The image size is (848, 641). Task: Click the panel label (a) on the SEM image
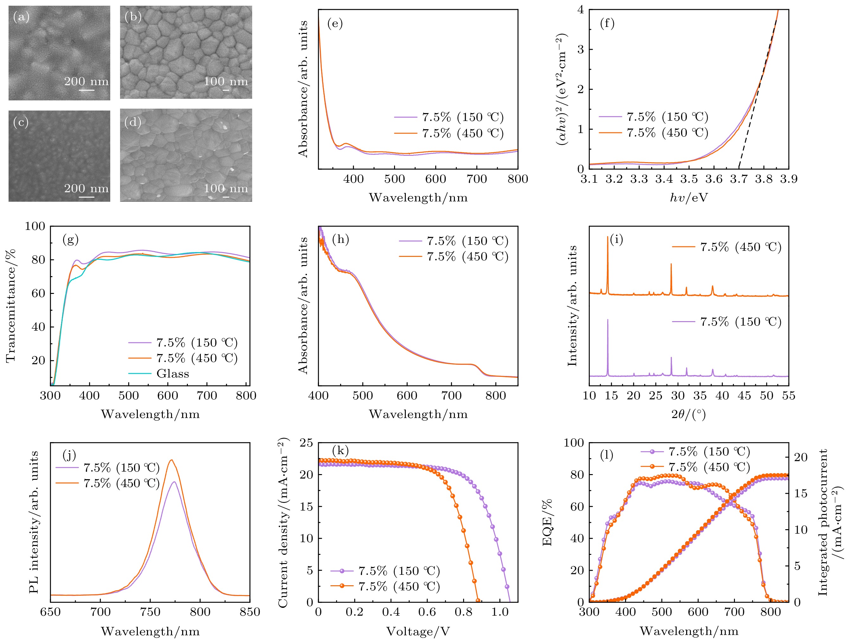[21, 17]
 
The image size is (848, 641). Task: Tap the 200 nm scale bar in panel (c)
[87, 197]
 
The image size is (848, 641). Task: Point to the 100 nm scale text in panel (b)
[226, 81]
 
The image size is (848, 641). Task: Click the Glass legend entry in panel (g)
[173, 374]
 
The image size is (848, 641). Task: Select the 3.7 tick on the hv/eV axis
[739, 179]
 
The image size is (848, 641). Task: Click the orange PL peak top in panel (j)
[172, 460]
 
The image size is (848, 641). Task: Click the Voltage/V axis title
[418, 631]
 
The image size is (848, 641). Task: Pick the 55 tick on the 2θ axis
[788, 396]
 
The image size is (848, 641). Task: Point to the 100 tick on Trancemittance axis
[35, 226]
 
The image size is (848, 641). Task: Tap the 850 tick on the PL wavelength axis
[250, 612]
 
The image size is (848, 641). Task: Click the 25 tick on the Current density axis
[306, 443]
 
